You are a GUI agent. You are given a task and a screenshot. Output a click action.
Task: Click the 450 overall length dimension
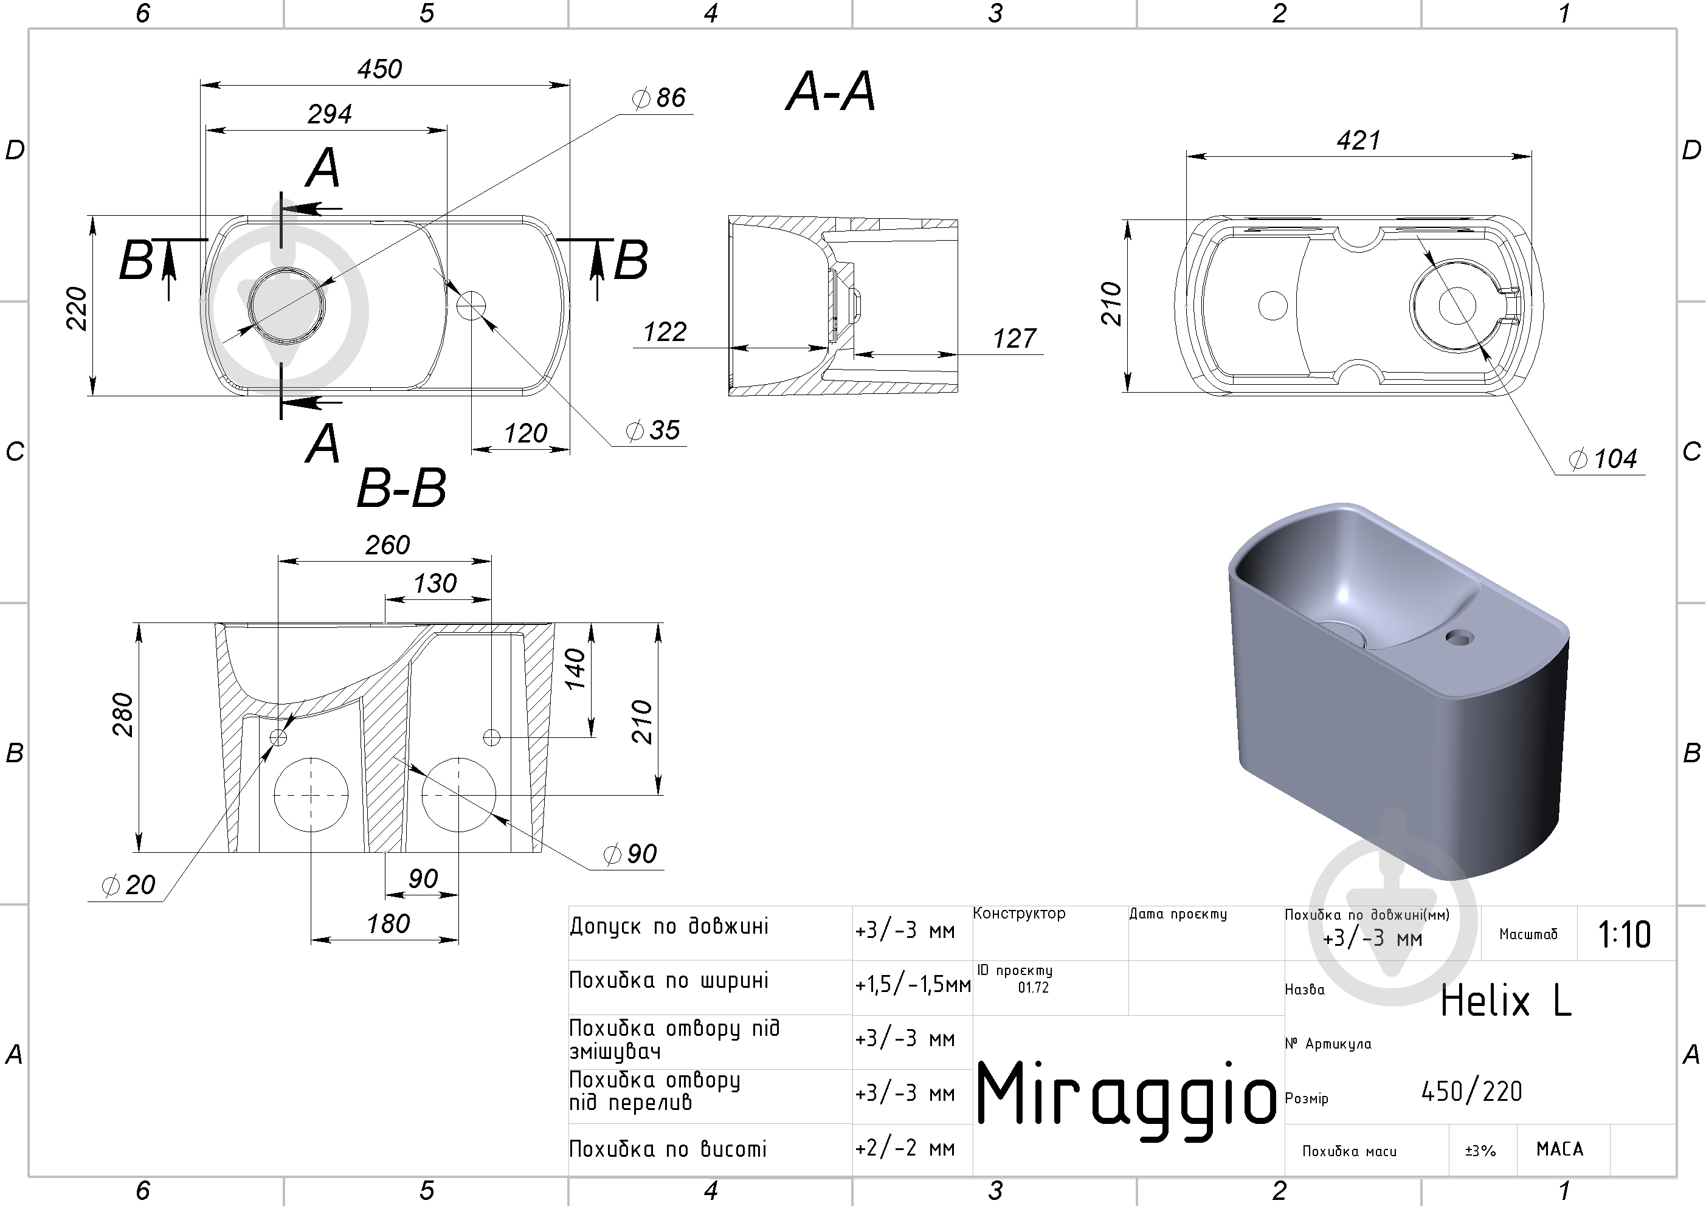(x=380, y=69)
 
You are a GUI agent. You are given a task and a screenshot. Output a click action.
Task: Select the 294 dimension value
(x=330, y=114)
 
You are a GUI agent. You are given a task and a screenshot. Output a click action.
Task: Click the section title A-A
(x=831, y=92)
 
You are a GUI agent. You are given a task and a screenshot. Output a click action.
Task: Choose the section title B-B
(x=401, y=488)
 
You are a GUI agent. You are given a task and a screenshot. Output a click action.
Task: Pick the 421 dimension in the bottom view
(x=1358, y=140)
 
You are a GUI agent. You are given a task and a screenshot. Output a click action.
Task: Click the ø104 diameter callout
(x=1603, y=458)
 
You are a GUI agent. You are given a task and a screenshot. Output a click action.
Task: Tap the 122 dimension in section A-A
(x=665, y=331)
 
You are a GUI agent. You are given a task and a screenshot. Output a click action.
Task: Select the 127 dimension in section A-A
(x=1014, y=338)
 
